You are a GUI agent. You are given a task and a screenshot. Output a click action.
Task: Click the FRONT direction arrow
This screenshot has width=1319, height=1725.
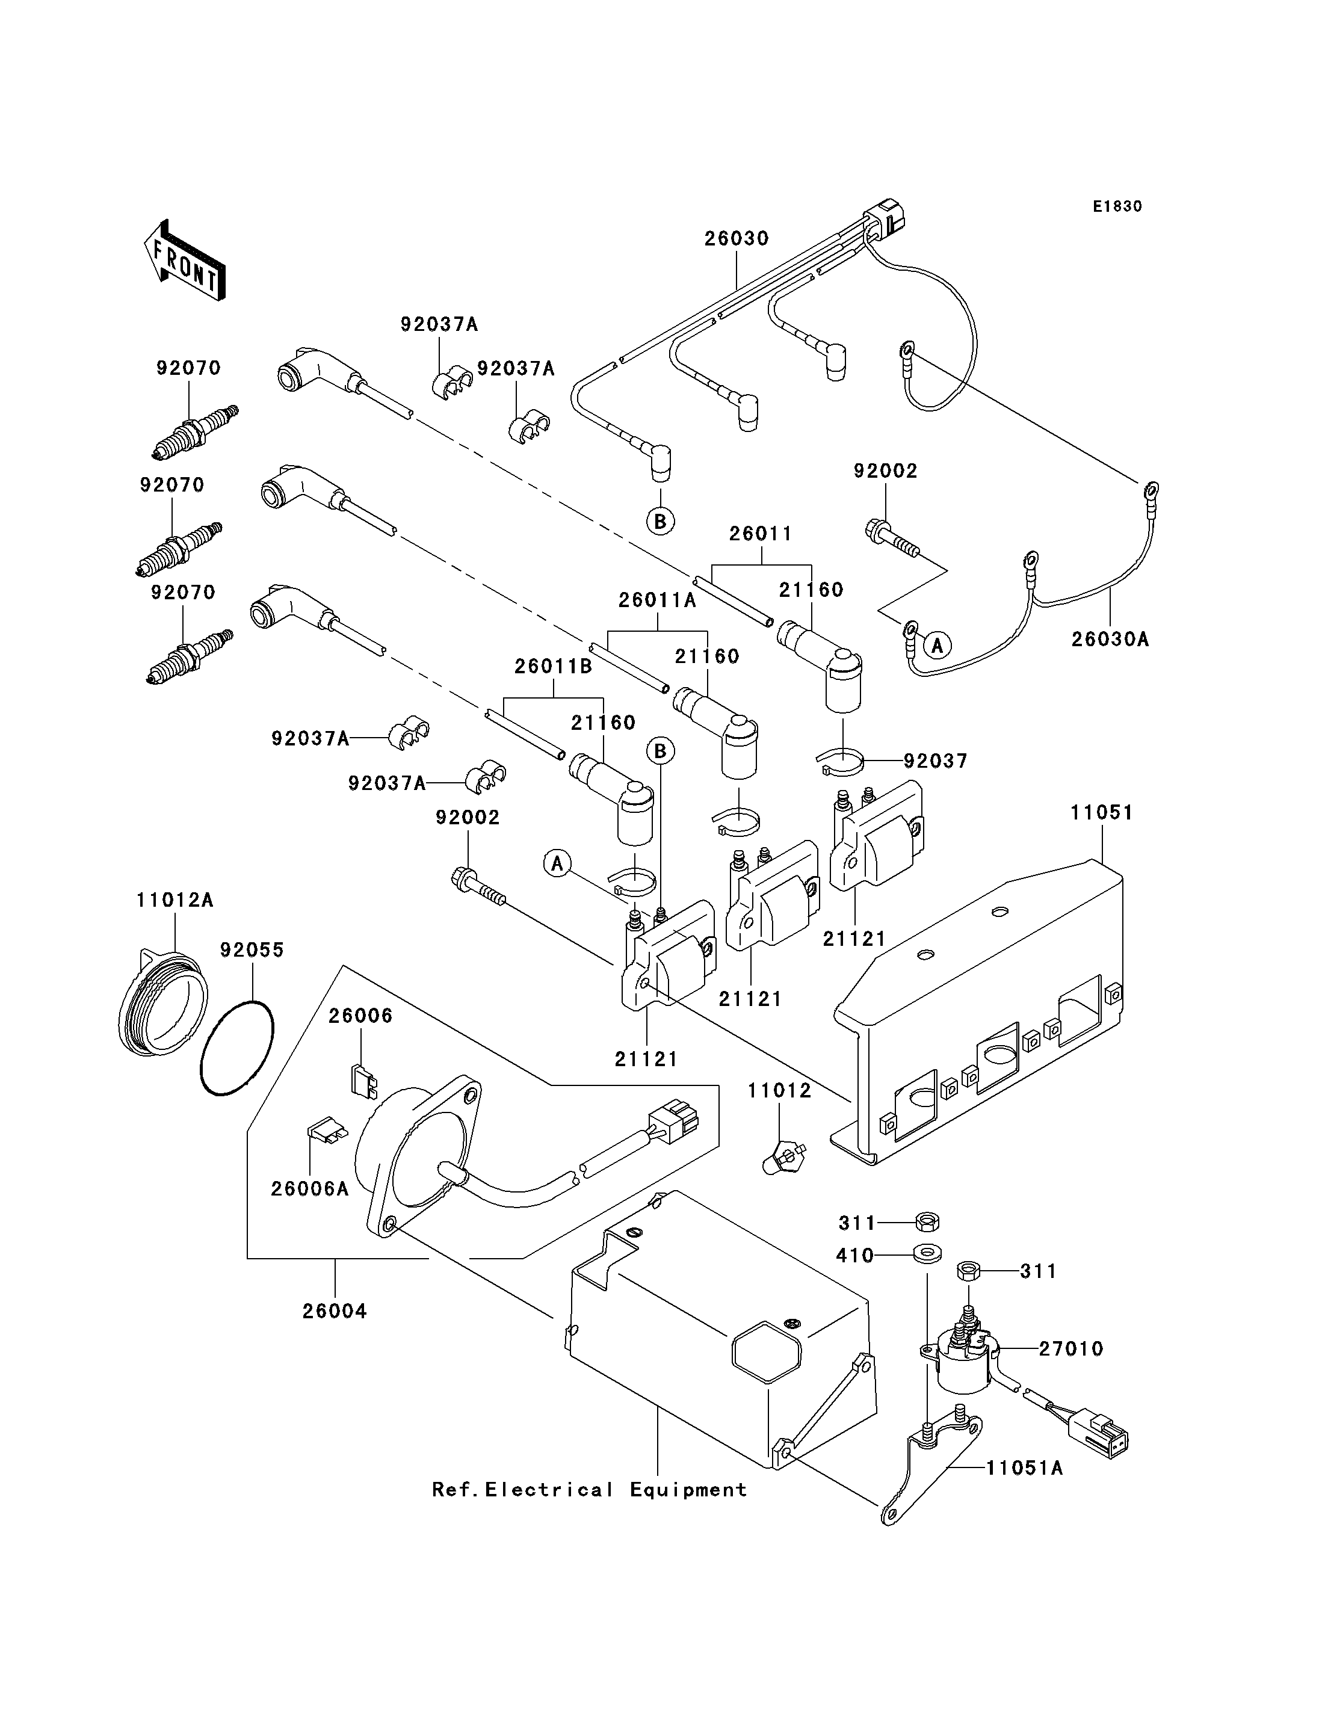click(185, 261)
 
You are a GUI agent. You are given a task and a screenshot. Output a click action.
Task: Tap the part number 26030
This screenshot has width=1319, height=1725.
click(737, 238)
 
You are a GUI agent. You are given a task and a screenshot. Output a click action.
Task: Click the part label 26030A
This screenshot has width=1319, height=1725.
click(1110, 639)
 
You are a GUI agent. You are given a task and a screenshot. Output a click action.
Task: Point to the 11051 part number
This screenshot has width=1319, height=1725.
click(1102, 813)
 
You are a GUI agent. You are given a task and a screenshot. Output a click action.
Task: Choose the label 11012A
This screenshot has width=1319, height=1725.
click(175, 900)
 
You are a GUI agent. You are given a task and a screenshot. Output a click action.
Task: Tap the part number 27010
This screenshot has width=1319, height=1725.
click(1071, 1349)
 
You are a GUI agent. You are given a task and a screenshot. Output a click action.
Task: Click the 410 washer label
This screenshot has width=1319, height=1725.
click(855, 1256)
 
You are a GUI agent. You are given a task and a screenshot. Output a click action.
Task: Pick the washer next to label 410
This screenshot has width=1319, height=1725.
click(928, 1253)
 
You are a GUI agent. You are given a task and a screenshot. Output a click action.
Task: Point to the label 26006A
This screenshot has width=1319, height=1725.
click(309, 1189)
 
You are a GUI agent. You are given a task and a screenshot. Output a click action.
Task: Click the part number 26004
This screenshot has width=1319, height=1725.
click(335, 1311)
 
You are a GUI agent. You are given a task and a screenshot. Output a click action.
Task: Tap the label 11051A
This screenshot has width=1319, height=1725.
click(1025, 1467)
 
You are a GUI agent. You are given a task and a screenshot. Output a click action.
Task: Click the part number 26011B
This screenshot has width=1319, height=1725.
click(554, 666)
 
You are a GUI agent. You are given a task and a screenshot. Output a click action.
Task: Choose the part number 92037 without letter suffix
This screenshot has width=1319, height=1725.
click(936, 761)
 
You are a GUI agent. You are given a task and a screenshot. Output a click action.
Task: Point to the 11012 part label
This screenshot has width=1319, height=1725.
click(780, 1091)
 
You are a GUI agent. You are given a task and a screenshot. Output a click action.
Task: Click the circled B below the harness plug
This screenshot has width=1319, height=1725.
click(660, 520)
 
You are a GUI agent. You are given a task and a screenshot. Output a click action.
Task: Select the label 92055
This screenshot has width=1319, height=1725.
click(252, 950)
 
